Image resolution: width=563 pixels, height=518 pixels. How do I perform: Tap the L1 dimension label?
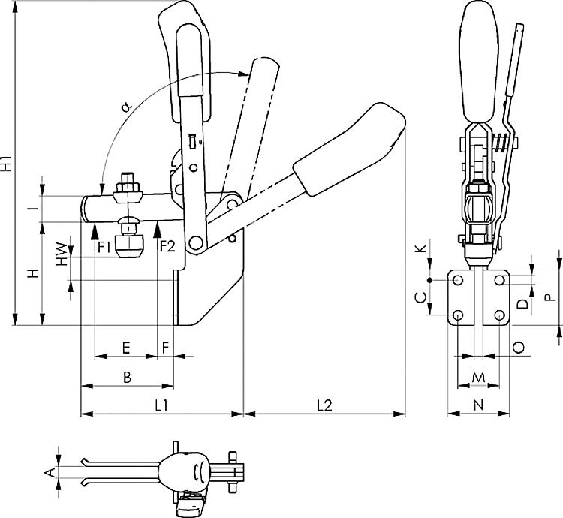coord(161,405)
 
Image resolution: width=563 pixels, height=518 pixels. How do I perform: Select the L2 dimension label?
coord(325,405)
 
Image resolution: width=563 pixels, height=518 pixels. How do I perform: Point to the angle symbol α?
coord(126,107)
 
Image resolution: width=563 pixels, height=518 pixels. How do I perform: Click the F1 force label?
coord(105,247)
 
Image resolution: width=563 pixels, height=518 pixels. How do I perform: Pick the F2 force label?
coord(167,247)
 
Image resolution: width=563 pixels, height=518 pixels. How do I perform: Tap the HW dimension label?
coord(62,255)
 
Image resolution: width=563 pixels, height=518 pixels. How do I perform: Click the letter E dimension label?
coord(125,348)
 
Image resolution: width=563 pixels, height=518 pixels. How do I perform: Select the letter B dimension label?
coord(128,378)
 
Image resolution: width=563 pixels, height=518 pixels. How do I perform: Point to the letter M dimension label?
coord(479,378)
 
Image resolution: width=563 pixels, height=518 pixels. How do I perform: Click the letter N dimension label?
coord(478,405)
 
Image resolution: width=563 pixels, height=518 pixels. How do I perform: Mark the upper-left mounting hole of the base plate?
coord(458,280)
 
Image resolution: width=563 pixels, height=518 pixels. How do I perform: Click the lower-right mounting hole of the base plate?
coord(499,315)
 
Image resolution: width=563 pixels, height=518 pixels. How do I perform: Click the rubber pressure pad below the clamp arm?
coord(130,246)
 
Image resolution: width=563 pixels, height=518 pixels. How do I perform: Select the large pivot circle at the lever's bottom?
coord(196,243)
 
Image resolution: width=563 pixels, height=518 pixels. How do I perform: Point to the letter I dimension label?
coord(33,208)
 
